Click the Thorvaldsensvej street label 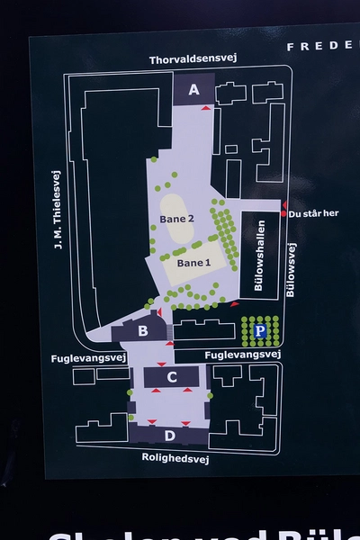click(193, 60)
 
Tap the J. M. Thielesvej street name click(57, 210)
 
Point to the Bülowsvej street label click(290, 270)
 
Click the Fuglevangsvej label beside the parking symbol click(243, 355)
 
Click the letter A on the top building click(193, 89)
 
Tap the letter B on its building click(142, 331)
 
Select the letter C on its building click(171, 377)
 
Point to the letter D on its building click(170, 436)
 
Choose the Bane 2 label click(176, 219)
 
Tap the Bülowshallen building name click(259, 254)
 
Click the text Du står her click(313, 213)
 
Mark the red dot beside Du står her click(284, 213)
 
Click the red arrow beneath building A click(206, 108)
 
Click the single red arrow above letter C click(161, 364)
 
